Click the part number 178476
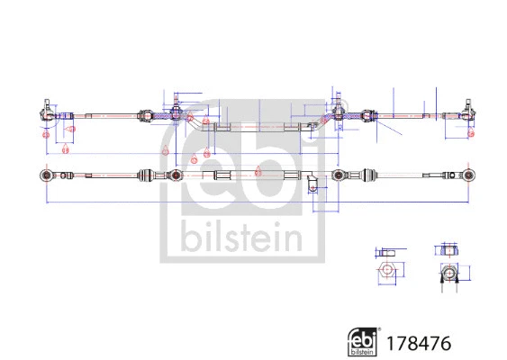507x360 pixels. [419, 343]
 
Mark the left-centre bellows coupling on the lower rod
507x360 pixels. [147, 174]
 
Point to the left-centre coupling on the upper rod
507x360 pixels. [145, 115]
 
